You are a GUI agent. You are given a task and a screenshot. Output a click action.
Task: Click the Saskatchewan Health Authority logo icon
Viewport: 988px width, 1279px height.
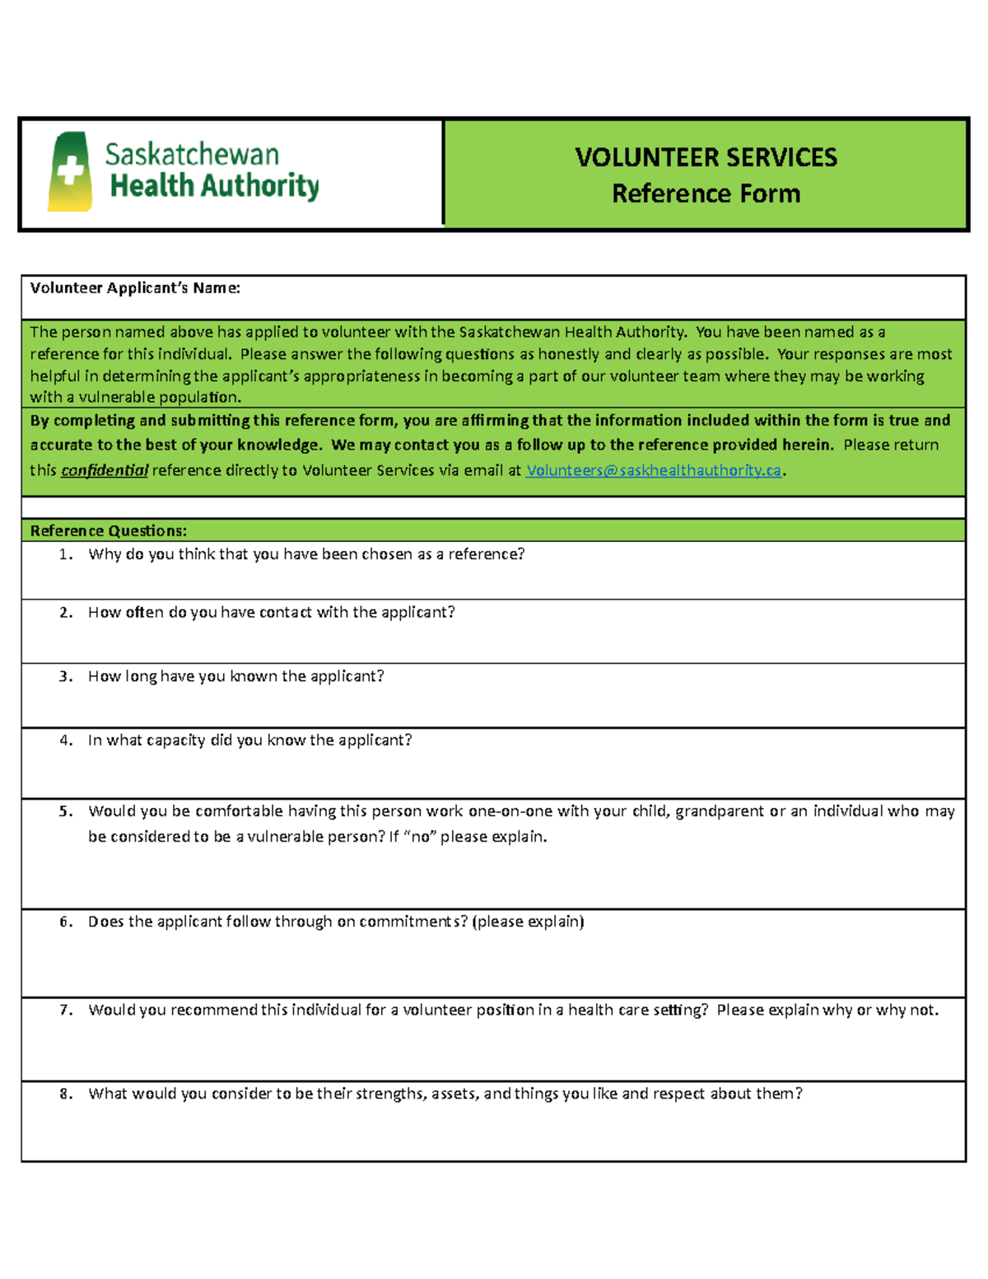point(70,172)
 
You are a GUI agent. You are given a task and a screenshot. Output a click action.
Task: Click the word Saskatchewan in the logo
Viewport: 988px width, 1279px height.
point(191,155)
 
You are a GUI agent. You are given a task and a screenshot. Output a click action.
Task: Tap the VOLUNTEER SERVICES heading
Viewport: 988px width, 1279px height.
point(706,157)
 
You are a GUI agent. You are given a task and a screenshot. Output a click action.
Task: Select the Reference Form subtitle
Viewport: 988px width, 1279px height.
point(706,194)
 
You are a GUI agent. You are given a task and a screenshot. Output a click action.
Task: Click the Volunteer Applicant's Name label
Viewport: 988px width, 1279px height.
point(135,287)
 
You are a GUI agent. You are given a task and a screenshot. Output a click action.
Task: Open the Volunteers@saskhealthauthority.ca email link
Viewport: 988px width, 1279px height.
point(653,470)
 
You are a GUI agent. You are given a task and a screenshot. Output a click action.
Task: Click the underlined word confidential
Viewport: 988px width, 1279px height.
point(105,470)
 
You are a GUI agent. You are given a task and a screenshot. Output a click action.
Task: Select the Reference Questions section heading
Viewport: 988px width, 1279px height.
point(109,530)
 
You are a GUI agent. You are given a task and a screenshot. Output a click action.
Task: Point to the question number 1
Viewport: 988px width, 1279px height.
point(66,554)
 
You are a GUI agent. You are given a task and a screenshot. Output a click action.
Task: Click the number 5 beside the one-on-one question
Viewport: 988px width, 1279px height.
point(66,811)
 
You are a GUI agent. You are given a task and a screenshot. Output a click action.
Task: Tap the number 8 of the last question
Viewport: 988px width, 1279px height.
point(66,1094)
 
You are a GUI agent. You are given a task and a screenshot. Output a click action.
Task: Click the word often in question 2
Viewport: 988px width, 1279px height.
point(145,612)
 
